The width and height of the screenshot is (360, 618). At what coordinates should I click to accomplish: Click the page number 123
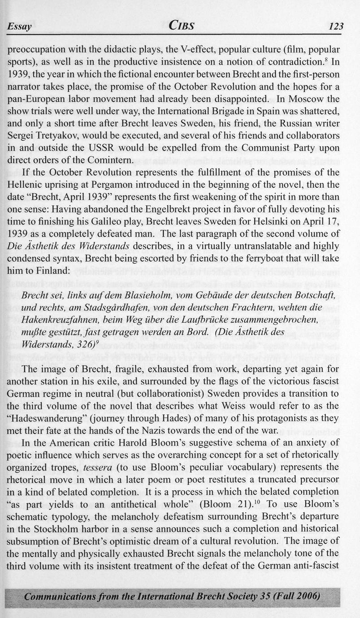335,26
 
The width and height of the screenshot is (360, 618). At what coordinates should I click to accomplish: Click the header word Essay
19,27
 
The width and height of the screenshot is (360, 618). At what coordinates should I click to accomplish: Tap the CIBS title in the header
181,26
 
